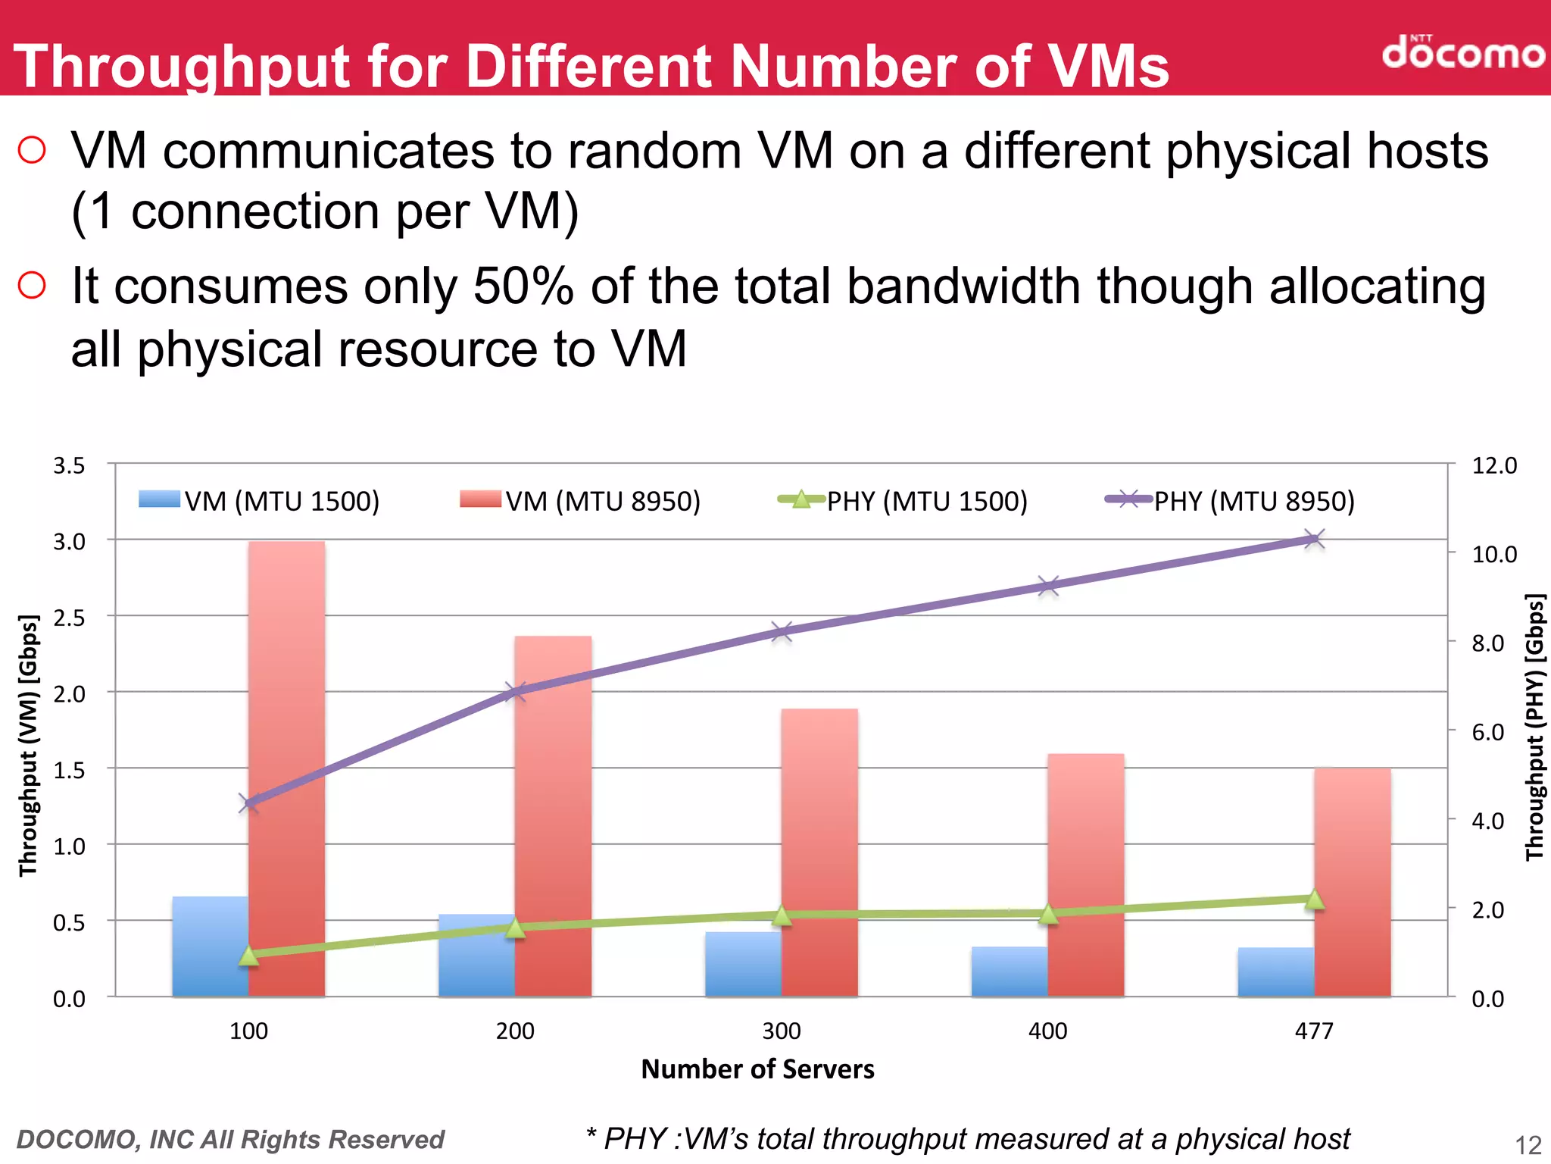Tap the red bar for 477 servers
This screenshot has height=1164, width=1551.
click(x=1353, y=883)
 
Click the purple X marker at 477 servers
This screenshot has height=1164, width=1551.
click(x=1314, y=540)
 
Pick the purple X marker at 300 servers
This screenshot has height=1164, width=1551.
click(x=782, y=631)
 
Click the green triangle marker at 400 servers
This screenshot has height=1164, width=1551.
click(x=1048, y=914)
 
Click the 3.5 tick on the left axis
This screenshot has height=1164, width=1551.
click(x=69, y=465)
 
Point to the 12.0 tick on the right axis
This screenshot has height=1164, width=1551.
click(x=1493, y=465)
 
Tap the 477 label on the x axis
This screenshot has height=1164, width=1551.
click(x=1313, y=1031)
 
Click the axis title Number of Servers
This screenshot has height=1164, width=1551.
click(x=757, y=1069)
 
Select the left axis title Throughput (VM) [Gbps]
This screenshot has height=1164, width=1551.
click(x=28, y=746)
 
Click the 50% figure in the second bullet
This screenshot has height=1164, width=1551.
click(x=523, y=286)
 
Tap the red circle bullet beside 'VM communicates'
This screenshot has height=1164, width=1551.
click(x=32, y=150)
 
